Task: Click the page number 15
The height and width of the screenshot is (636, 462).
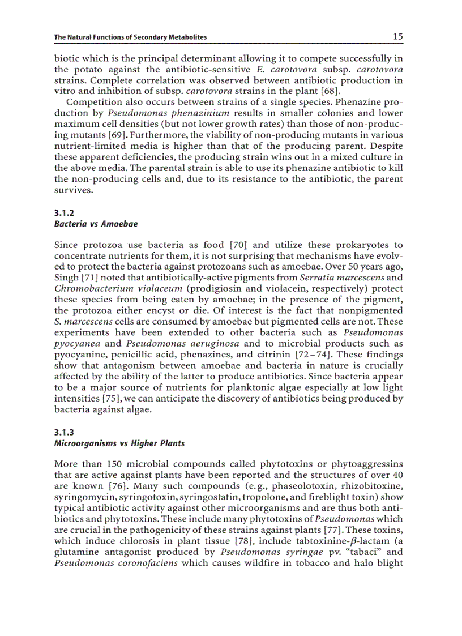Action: pos(398,37)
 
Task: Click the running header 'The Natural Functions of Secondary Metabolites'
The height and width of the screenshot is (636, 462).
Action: pos(130,37)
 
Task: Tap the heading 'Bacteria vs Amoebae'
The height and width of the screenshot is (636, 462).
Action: pos(96,224)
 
